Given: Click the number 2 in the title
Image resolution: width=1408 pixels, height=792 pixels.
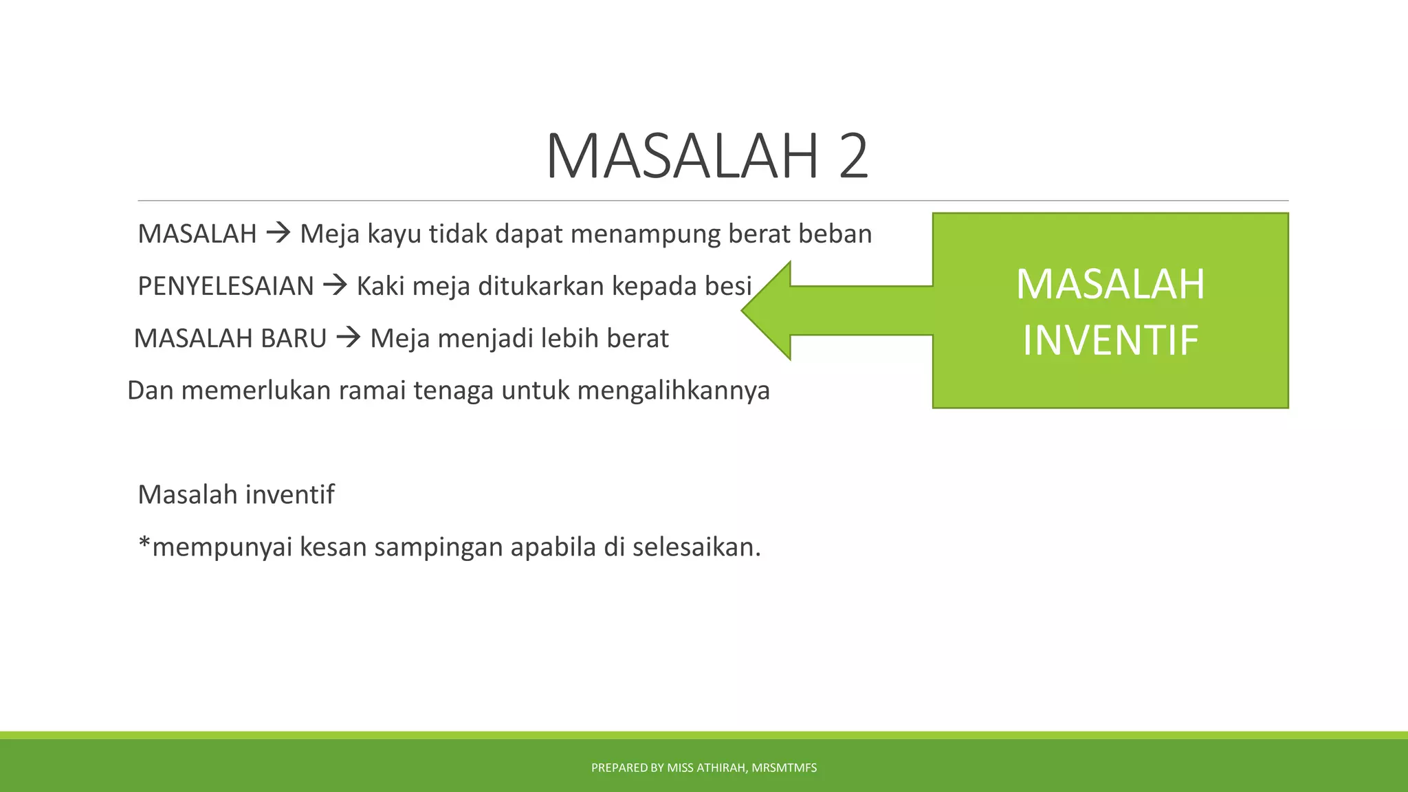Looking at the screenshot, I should [x=853, y=157].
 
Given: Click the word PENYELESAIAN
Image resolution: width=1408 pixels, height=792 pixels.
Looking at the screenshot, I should [x=225, y=286].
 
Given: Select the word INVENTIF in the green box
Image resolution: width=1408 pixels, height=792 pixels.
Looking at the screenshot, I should [x=1110, y=340].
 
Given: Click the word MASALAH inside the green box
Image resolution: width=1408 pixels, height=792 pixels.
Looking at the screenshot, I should [x=1110, y=284].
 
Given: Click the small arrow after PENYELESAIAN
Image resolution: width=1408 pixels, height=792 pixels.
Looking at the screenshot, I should [x=335, y=285].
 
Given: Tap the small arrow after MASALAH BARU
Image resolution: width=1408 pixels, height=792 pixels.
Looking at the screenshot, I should [x=349, y=338].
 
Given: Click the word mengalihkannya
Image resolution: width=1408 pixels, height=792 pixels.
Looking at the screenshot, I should [x=673, y=390].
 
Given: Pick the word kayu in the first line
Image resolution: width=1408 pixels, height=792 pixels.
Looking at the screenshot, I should [x=394, y=234].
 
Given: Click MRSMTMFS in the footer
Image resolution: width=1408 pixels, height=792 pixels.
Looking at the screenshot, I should [x=784, y=768].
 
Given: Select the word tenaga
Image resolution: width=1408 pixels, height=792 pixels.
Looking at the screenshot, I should [x=453, y=390].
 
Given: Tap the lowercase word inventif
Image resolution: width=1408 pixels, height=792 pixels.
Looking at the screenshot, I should [x=289, y=494].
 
